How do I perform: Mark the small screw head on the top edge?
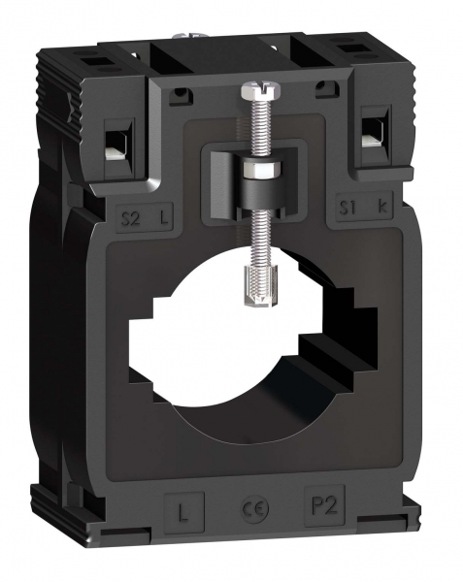[x=185, y=40]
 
